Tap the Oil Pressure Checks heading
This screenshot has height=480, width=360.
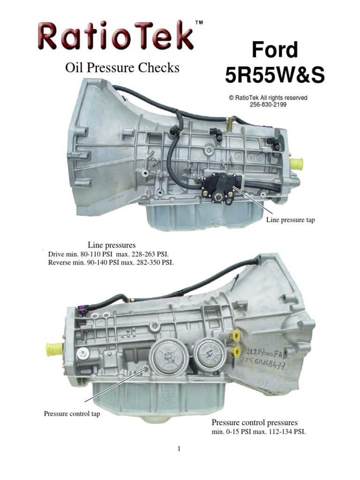(x=121, y=68)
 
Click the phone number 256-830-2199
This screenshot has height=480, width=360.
(x=268, y=105)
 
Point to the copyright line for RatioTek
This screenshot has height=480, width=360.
(x=268, y=98)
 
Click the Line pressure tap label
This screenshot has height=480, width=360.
(x=290, y=220)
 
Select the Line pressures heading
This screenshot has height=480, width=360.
(x=112, y=245)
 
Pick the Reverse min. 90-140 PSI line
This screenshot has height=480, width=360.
(x=111, y=262)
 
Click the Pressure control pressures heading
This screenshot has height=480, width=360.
(x=255, y=422)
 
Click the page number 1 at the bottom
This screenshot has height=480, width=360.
(x=179, y=449)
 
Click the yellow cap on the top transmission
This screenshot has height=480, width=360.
(x=296, y=164)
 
